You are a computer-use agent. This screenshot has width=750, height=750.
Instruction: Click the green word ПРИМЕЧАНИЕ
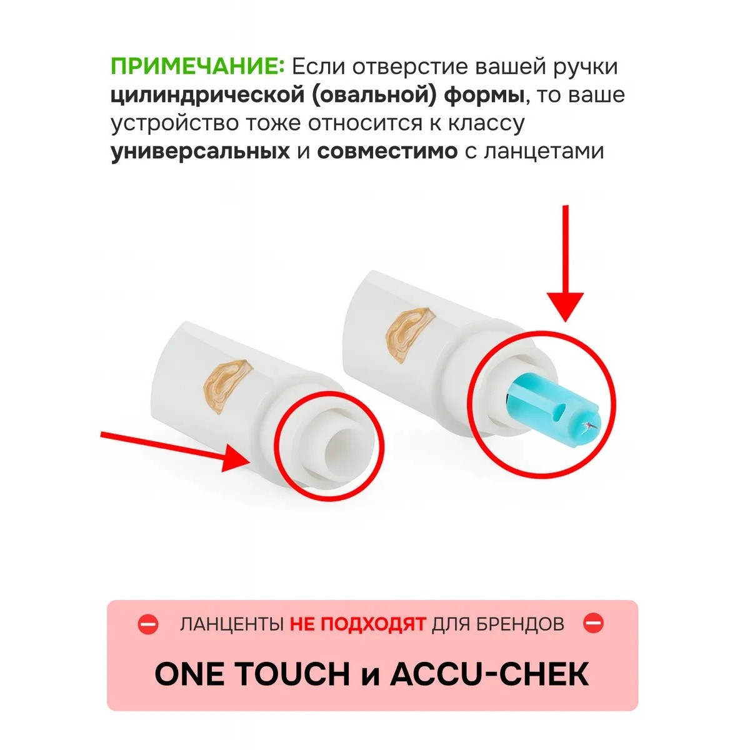[x=197, y=66]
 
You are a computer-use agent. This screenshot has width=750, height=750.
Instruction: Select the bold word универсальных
[x=201, y=151]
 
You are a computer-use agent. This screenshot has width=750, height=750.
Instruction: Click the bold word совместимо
[x=387, y=151]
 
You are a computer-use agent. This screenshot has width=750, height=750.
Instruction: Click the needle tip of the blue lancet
[x=587, y=428]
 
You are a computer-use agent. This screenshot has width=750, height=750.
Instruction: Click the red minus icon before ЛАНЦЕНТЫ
[x=149, y=624]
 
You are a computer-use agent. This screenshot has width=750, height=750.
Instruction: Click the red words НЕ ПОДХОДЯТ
[x=357, y=624]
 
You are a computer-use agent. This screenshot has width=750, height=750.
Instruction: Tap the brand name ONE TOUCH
[x=252, y=674]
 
